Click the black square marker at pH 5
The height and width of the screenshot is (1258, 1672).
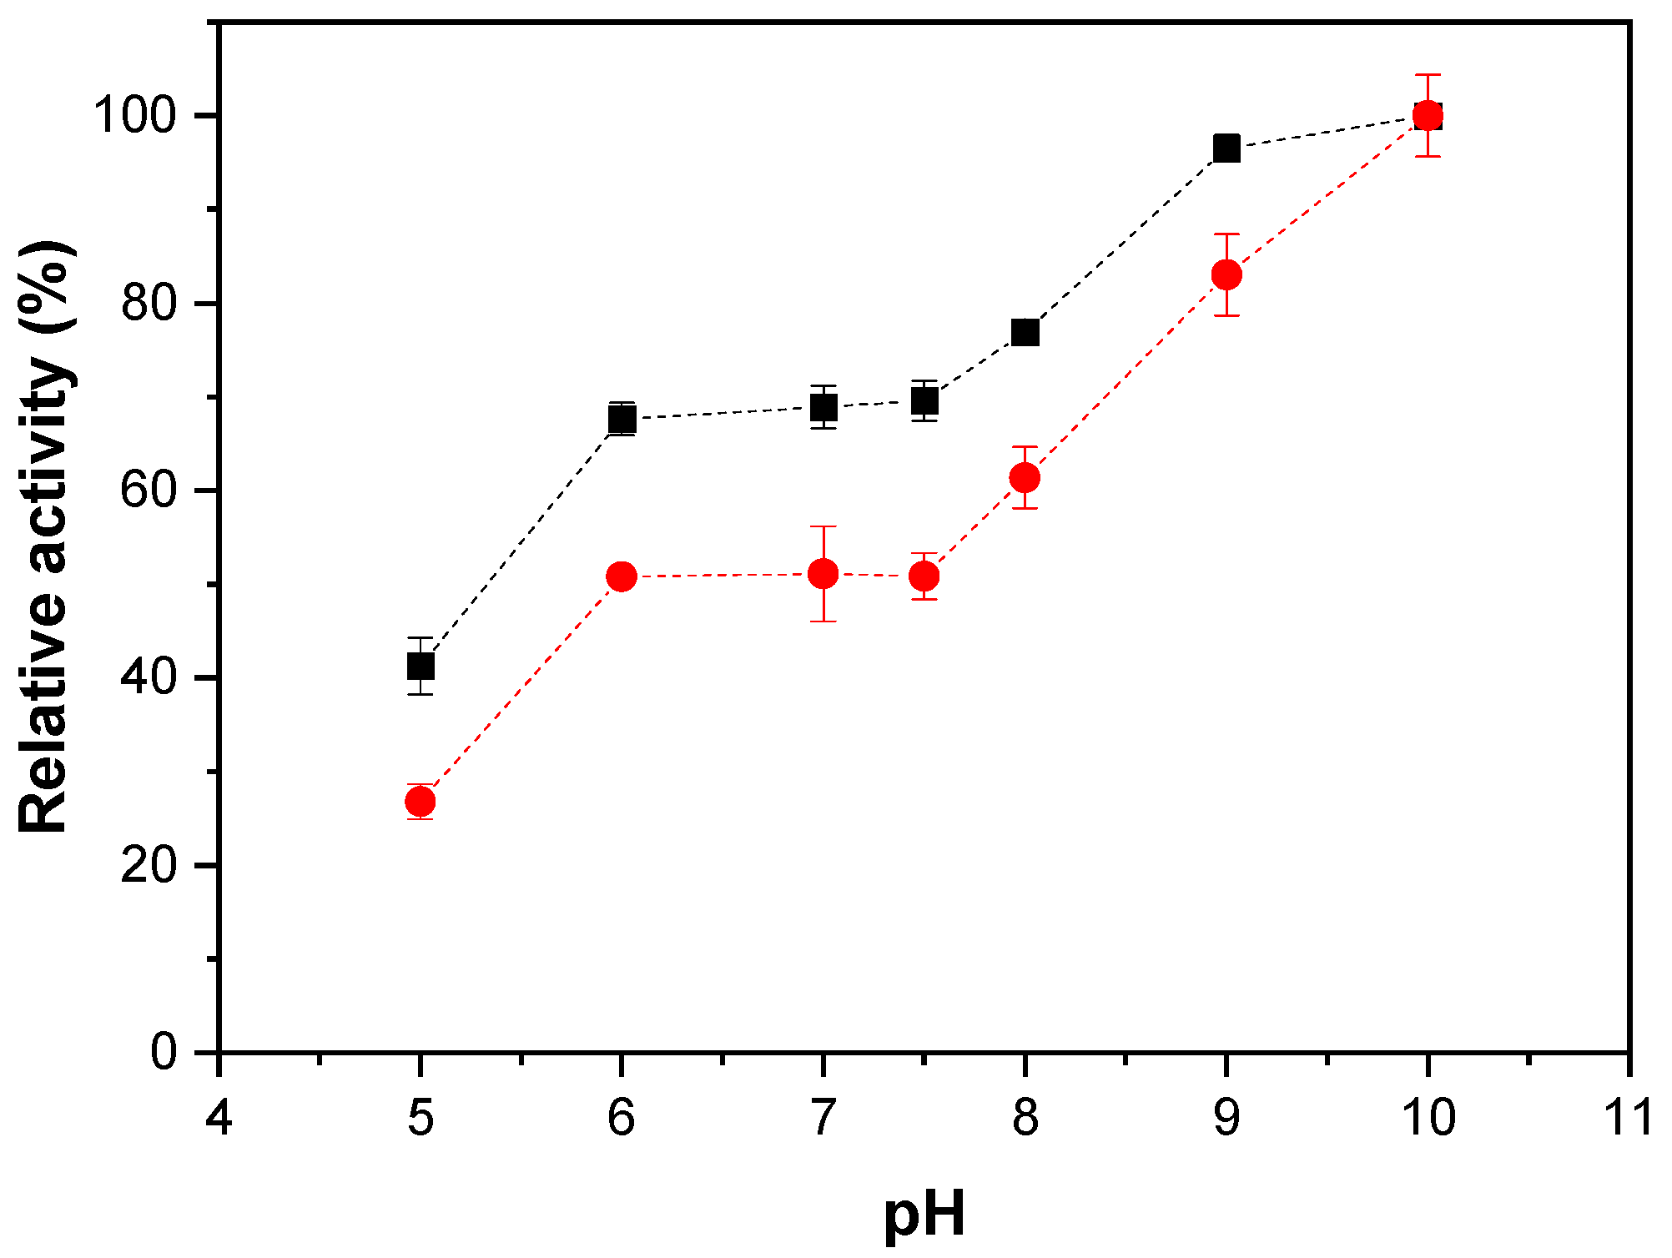click(x=421, y=667)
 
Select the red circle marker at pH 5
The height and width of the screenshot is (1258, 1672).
click(x=420, y=802)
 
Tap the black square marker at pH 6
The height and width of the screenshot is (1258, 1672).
click(x=622, y=418)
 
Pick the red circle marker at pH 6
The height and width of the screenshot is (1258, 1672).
click(x=622, y=576)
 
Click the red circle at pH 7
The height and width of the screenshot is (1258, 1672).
click(x=823, y=574)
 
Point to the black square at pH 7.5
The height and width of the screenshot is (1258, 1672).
click(x=924, y=402)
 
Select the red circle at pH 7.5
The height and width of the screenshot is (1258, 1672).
click(x=924, y=576)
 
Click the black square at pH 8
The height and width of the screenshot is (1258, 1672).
click(x=1025, y=332)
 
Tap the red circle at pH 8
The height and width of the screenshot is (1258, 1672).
click(x=1025, y=478)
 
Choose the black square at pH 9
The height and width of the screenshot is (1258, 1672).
click(x=1226, y=148)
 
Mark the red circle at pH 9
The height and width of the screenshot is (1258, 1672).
click(x=1226, y=274)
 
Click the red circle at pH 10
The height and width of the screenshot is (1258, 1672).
click(x=1428, y=115)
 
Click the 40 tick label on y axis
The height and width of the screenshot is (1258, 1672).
click(x=150, y=677)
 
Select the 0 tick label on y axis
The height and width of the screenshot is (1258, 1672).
click(x=164, y=1053)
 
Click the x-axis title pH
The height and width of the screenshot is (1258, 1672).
click(x=924, y=1214)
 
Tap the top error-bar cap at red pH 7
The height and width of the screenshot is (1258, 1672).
click(x=823, y=526)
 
